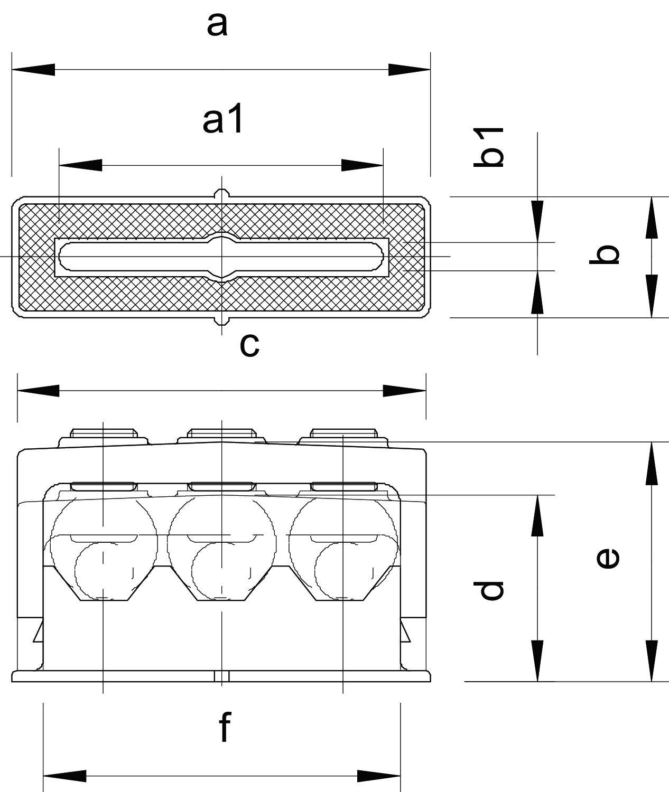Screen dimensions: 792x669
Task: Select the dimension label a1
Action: coord(223,120)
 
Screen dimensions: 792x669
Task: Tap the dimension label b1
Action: coord(488,147)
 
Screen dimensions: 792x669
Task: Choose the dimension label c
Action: coord(249,345)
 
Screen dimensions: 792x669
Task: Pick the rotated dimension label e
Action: coord(608,558)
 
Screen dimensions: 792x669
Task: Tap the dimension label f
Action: coord(225,727)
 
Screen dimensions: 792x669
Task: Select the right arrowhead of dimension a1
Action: coord(363,165)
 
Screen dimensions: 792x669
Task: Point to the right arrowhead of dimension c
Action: coord(404,391)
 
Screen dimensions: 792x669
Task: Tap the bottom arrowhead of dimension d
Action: coord(537,660)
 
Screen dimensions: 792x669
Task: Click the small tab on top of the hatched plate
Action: coord(221,194)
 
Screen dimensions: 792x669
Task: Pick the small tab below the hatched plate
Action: coord(221,320)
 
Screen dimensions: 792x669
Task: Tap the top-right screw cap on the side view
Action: coord(343,433)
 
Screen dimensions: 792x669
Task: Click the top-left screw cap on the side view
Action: coord(104,433)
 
